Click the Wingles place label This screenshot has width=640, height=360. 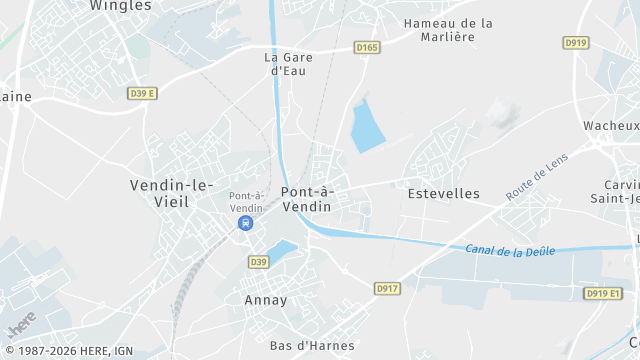coord(120,6)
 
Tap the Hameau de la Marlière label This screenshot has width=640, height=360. coord(448,30)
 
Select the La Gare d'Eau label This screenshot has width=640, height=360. coord(285,64)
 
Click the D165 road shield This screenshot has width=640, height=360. coord(367,47)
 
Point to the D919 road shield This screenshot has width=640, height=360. coord(575,43)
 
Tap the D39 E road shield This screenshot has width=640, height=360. coord(143,93)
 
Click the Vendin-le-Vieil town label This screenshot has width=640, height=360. coord(171,193)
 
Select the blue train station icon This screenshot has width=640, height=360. coord(245,224)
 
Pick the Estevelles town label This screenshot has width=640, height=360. coord(444,193)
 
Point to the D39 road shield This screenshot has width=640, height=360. coord(258,262)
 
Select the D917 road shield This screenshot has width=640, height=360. coord(387,288)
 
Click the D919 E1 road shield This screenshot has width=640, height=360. coord(603,293)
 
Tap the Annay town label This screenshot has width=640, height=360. coord(265,300)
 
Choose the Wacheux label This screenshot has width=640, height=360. coord(611,125)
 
